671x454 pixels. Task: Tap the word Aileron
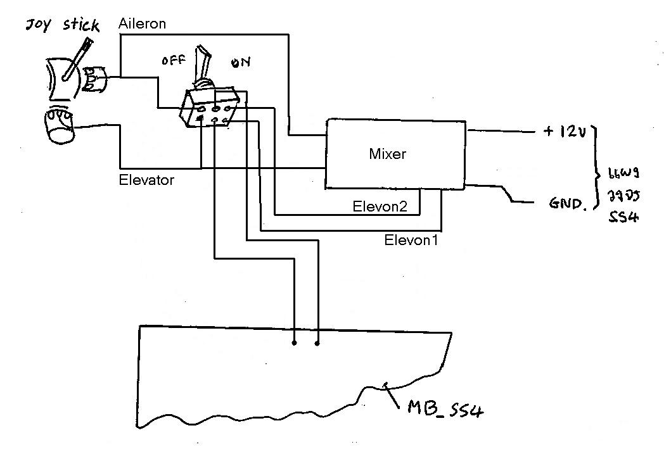(x=142, y=24)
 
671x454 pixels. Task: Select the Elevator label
(x=146, y=180)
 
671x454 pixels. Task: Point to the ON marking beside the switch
(x=241, y=62)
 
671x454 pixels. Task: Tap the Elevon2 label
(x=379, y=206)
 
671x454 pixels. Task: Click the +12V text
(x=565, y=132)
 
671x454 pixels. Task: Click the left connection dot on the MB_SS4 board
(x=294, y=343)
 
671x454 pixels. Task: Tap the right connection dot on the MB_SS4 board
(x=317, y=343)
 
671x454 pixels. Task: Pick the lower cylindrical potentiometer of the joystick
(x=59, y=126)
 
